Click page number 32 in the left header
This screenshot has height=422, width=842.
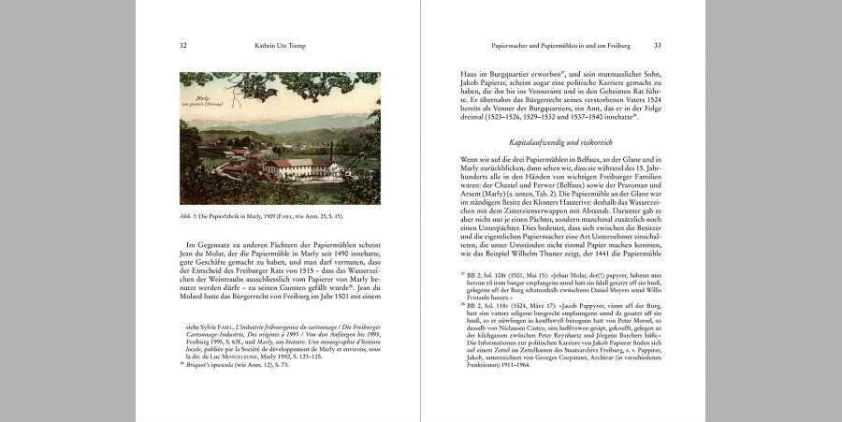coord(183,45)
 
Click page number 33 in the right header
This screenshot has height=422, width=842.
coord(658,45)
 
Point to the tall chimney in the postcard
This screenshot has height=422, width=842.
coord(331,152)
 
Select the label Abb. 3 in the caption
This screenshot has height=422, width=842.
coord(189,216)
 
